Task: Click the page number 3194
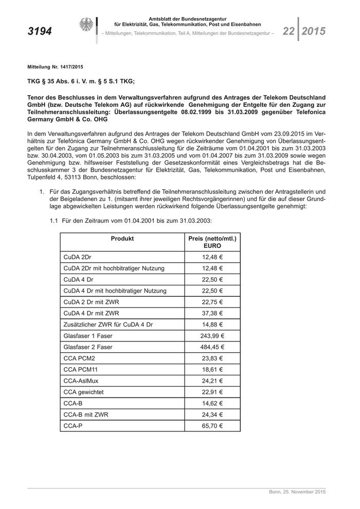pos(40,32)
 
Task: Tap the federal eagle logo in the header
pos(86,25)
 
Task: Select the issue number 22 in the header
pos(288,31)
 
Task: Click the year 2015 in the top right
pos(314,31)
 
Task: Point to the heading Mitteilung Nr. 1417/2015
pos(56,67)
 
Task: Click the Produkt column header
pos(122,239)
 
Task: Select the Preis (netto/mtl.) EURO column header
pos(212,242)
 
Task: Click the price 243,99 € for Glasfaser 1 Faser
pos(212,336)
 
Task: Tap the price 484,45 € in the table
pos(212,347)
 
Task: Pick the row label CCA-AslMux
pos(80,381)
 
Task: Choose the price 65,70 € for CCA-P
pos(212,426)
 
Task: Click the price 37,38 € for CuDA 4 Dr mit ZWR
pos(212,313)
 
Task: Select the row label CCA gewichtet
pos(83,392)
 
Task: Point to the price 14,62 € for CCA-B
pos(212,404)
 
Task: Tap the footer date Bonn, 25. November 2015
pos(297,492)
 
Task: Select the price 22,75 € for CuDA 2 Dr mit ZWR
pos(212,302)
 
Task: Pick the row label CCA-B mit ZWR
pos(86,415)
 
